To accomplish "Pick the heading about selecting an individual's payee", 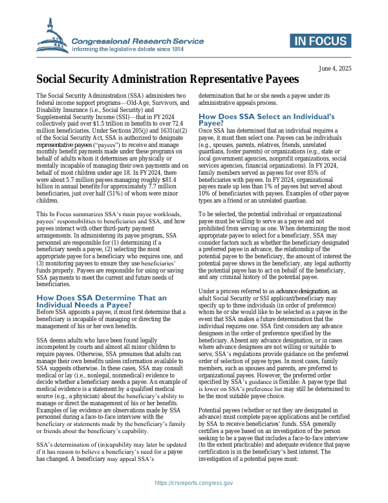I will (x=266, y=119).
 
